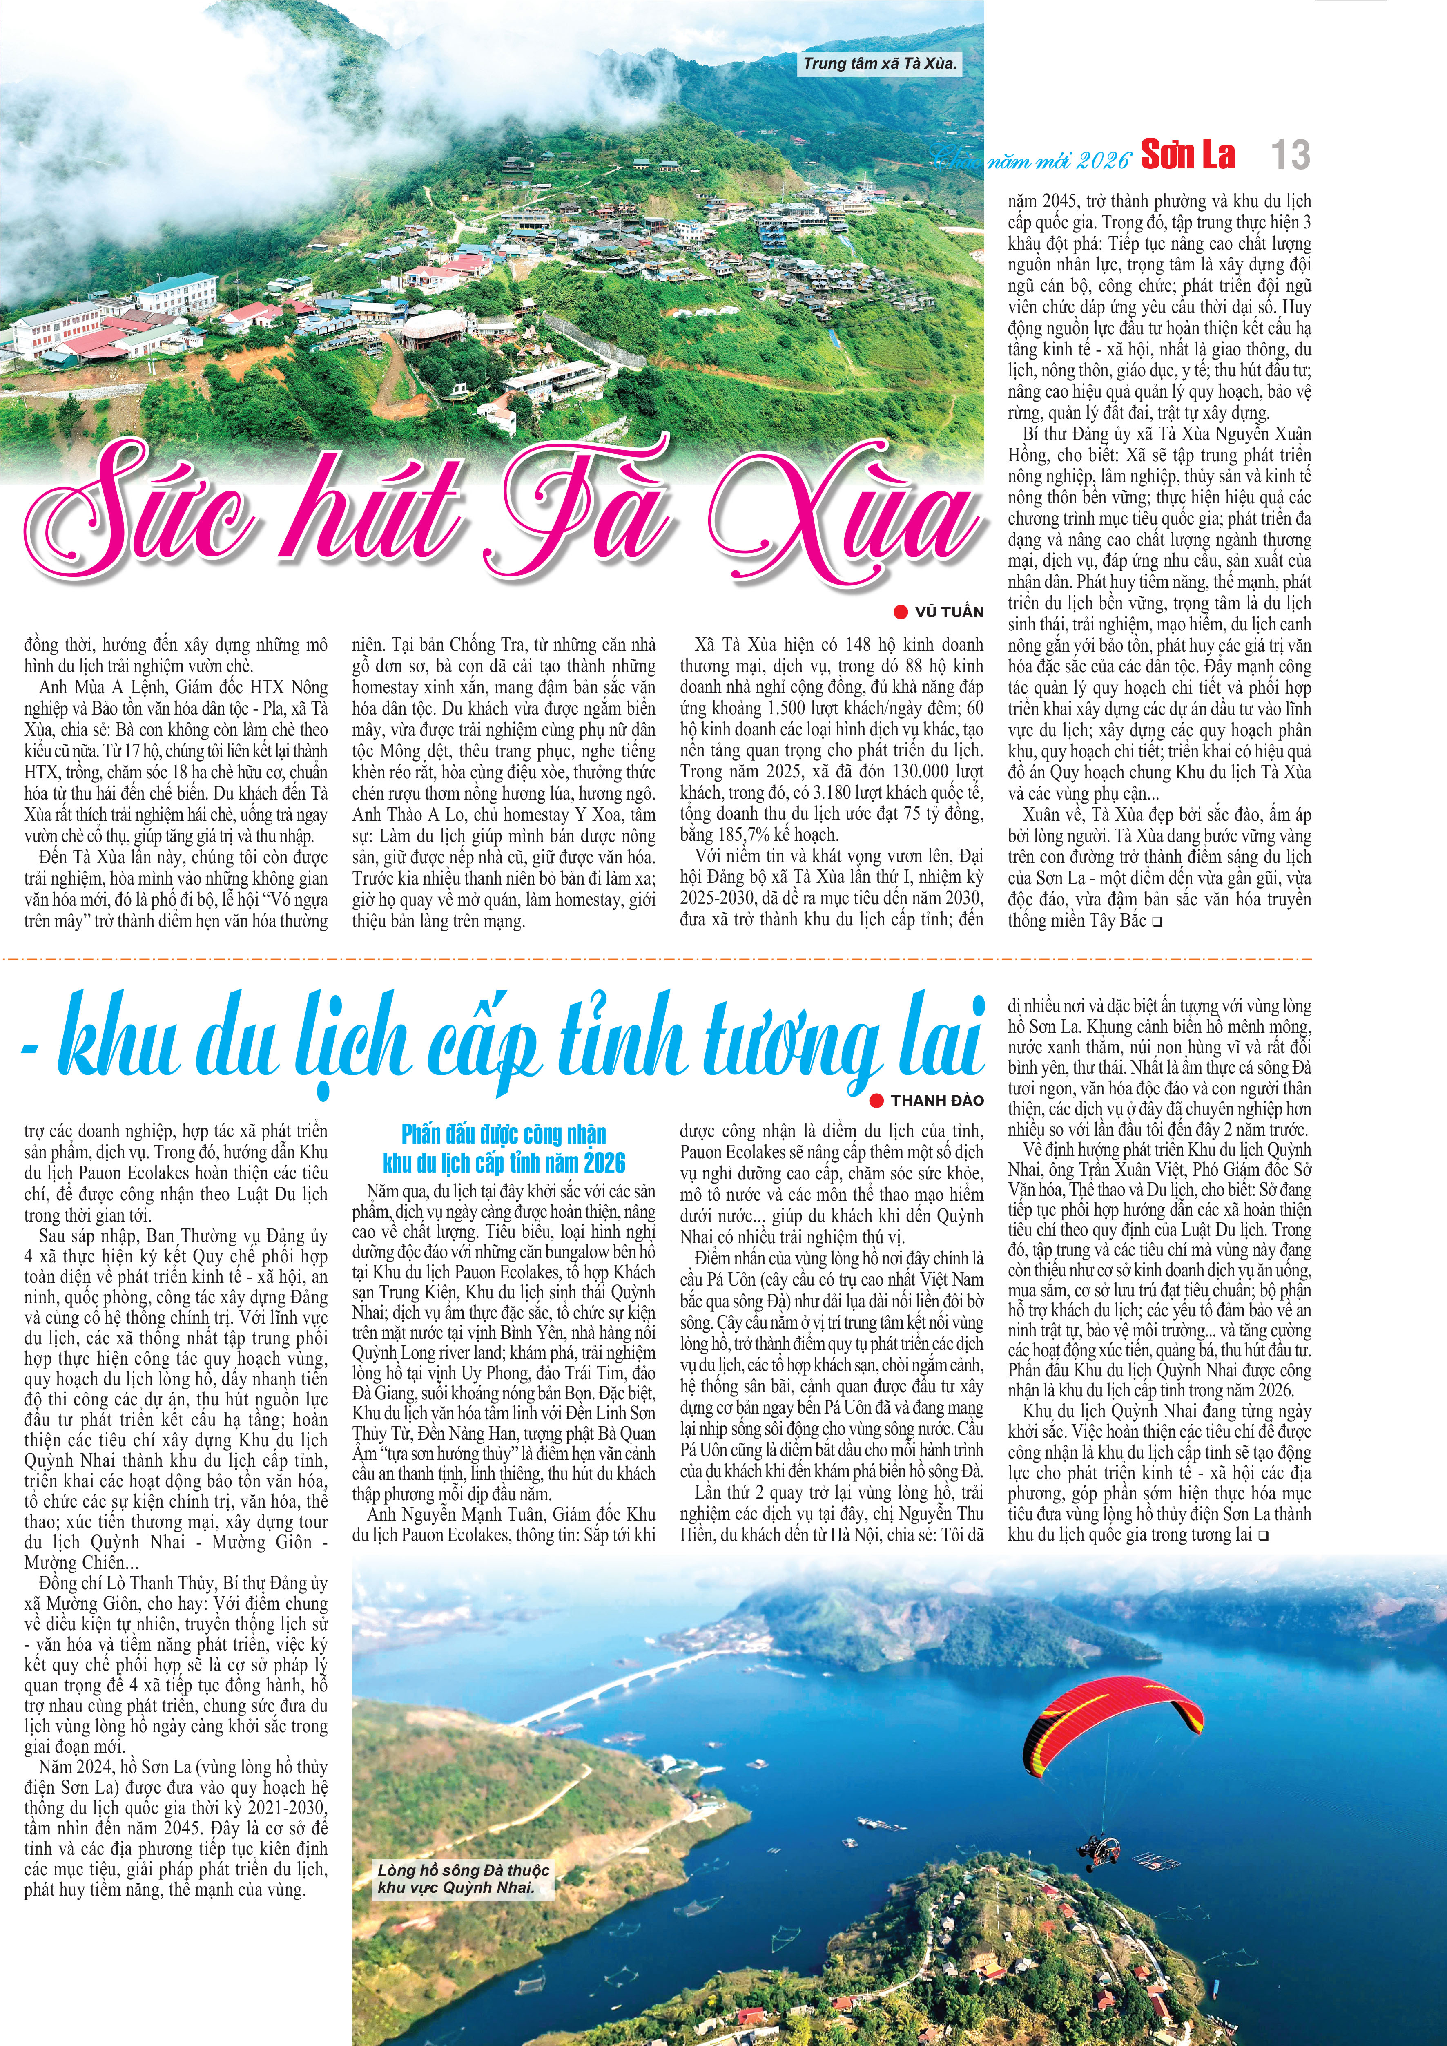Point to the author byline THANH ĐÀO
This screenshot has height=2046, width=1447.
click(937, 1101)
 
